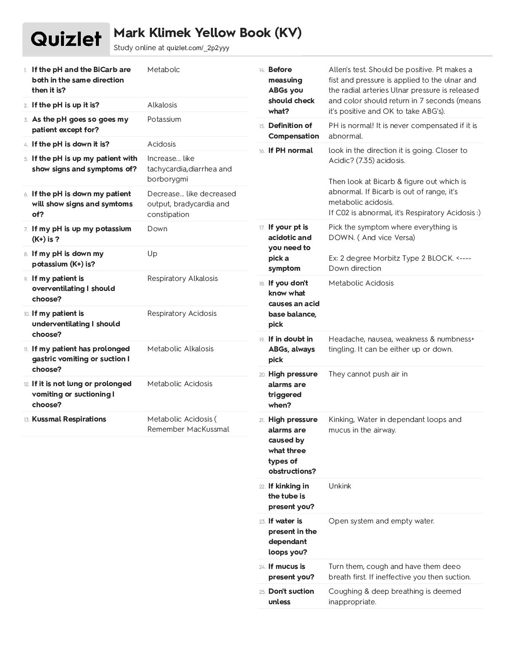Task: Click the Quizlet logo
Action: point(66,39)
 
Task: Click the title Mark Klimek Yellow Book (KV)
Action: point(207,33)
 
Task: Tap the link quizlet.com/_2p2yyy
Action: point(198,48)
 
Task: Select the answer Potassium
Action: point(164,119)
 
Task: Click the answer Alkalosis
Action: point(162,105)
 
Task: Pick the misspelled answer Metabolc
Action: point(163,69)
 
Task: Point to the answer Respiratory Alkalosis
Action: point(182,278)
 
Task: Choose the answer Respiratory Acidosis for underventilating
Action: point(182,313)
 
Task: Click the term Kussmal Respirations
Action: point(69,419)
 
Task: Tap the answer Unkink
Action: point(340,486)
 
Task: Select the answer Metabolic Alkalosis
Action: point(180,349)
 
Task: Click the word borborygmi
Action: point(167,179)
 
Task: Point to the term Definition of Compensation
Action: point(293,131)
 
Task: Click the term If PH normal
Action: point(290,150)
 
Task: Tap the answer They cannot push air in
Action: point(368,374)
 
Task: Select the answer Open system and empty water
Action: point(381,521)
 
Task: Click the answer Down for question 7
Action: point(157,229)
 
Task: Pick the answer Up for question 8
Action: point(152,253)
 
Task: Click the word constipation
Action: point(168,214)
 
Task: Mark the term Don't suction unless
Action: point(291,596)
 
